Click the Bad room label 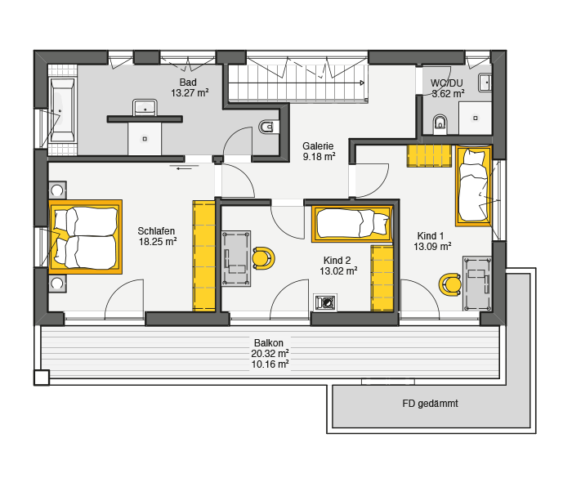point(188,83)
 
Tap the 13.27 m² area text point(190,93)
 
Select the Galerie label point(318,146)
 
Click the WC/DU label point(446,83)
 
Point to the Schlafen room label point(156,231)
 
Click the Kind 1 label point(431,235)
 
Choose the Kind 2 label point(337,261)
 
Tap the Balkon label point(269,343)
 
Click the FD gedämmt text point(430,404)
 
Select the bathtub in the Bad point(62,109)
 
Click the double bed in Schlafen point(85,237)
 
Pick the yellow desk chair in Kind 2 point(262,258)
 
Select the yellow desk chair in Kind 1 point(450,284)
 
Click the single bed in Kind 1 point(473,185)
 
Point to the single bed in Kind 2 point(352,224)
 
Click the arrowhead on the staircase point(362,83)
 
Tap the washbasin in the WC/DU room point(485,83)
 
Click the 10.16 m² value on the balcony point(270,364)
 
